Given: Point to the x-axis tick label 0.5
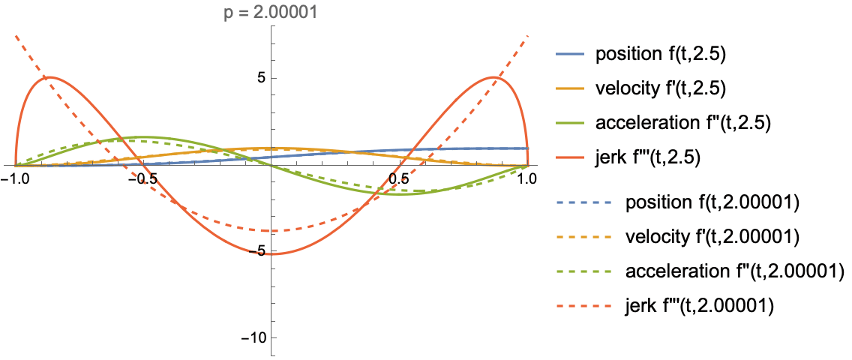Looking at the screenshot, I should [x=398, y=179].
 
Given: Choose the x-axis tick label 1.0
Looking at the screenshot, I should [x=527, y=179].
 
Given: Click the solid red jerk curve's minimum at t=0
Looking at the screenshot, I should [x=271, y=254].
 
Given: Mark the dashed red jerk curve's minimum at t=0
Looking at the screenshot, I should [x=271, y=230].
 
